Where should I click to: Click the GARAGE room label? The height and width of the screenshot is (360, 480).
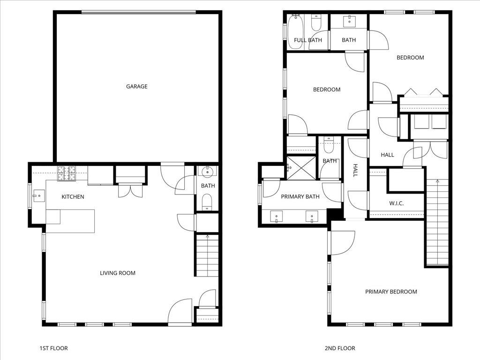(x=136, y=86)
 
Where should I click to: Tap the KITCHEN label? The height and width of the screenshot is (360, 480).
(x=73, y=197)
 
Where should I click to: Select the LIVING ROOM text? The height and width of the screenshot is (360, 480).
(x=117, y=273)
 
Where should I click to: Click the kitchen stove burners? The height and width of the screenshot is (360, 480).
(x=67, y=173)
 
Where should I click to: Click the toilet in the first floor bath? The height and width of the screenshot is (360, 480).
(x=207, y=202)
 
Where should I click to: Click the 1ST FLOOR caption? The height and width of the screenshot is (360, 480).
(x=53, y=348)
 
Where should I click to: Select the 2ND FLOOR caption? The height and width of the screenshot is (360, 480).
(x=340, y=348)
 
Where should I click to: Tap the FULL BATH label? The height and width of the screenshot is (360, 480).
(x=308, y=40)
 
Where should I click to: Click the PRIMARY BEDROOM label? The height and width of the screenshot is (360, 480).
(x=391, y=292)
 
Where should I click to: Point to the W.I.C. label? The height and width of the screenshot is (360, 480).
(x=396, y=203)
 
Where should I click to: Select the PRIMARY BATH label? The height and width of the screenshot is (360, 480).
(x=300, y=197)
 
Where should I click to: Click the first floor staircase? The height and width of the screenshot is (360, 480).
(x=207, y=255)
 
